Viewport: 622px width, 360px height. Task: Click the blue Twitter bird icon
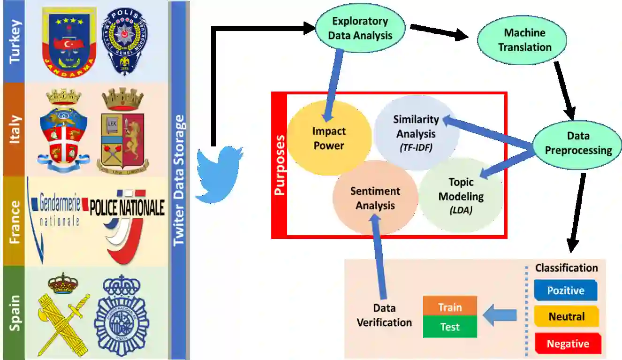[x=219, y=174]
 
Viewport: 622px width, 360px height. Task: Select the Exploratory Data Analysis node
[x=360, y=28]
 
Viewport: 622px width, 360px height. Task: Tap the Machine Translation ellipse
[x=524, y=40]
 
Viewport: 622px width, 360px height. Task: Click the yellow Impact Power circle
[x=329, y=138]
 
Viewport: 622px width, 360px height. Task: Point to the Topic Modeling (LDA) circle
[x=461, y=195]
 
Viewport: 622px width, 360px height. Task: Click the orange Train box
[x=450, y=307]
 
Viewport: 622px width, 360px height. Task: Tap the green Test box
[x=450, y=327]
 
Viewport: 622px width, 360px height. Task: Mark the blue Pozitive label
[x=566, y=290]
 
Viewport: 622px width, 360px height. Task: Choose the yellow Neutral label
[x=567, y=316]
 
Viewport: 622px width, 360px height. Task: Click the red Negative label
[x=568, y=344]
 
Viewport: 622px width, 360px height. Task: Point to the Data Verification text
[x=384, y=315]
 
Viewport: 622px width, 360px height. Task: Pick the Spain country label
[x=15, y=313]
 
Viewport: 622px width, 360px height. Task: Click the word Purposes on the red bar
[x=280, y=165]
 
